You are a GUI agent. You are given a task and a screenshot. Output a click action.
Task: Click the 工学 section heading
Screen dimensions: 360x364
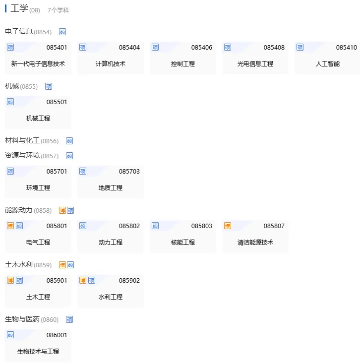coord(19,8)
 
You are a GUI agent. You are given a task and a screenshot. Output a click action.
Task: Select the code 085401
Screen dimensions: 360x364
coord(57,48)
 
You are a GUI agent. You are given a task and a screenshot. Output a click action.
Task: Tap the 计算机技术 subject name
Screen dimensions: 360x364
coord(111,64)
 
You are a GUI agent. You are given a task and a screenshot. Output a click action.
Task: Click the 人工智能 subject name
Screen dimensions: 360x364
coord(328,64)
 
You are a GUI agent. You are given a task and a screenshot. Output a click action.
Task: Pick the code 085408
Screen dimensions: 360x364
coord(274,48)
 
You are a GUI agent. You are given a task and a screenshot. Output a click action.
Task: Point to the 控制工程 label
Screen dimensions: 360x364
coord(183,64)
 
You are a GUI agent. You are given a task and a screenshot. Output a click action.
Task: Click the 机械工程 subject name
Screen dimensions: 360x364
coord(38,119)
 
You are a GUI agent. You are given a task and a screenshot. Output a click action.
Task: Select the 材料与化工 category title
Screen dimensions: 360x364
coord(22,141)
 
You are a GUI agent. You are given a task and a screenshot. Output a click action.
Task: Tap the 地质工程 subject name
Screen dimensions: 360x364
coord(111,188)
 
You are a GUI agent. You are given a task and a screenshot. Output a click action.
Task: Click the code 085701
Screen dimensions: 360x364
coord(57,172)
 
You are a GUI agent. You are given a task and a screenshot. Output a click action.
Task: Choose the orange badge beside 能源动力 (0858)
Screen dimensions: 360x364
coord(62,210)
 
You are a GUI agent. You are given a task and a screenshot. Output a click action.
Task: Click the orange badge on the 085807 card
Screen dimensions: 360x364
coord(228,226)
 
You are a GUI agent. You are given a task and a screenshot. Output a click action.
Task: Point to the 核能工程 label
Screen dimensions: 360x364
coord(183,243)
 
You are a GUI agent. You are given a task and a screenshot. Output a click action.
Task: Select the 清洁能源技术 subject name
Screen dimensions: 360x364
coord(255,243)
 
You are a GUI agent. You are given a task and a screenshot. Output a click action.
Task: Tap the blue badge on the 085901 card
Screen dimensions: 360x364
coord(19,281)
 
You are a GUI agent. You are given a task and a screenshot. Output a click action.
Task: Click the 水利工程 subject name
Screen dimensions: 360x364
coord(111,297)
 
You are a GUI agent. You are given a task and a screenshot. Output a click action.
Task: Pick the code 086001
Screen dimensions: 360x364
coord(57,335)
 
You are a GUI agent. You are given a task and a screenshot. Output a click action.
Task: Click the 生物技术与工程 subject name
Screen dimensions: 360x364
coord(38,352)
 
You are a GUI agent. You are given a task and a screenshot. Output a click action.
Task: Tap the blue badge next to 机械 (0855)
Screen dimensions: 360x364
coord(49,86)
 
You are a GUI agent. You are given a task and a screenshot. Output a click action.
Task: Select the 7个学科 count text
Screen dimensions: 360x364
coord(58,10)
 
